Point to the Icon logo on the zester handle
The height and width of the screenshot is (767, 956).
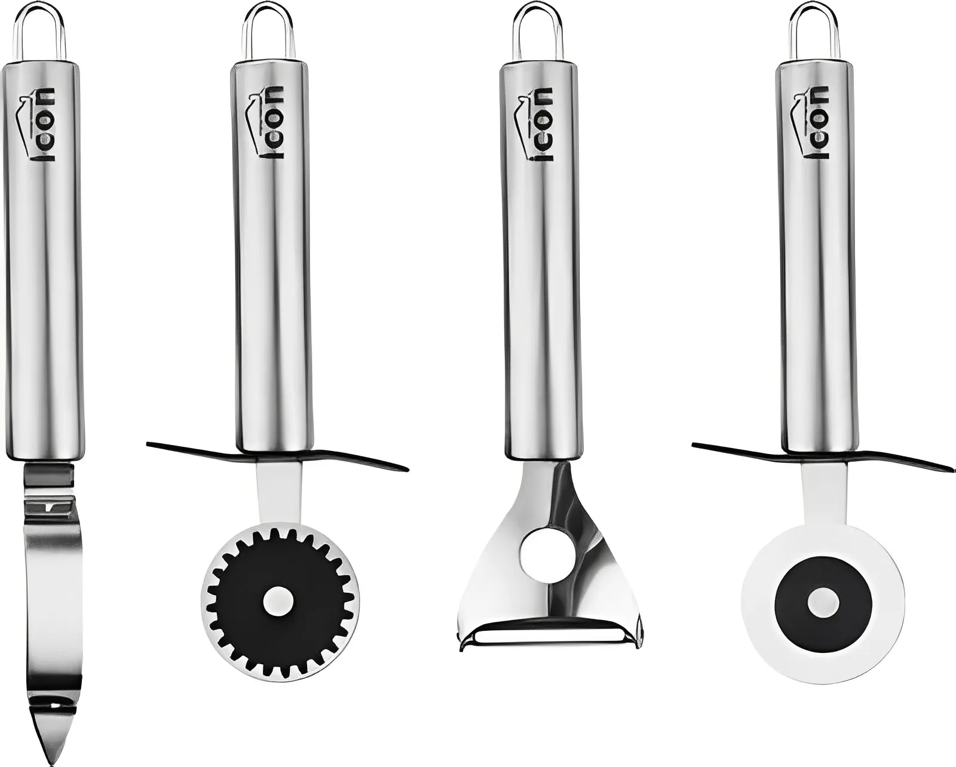click(43, 123)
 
